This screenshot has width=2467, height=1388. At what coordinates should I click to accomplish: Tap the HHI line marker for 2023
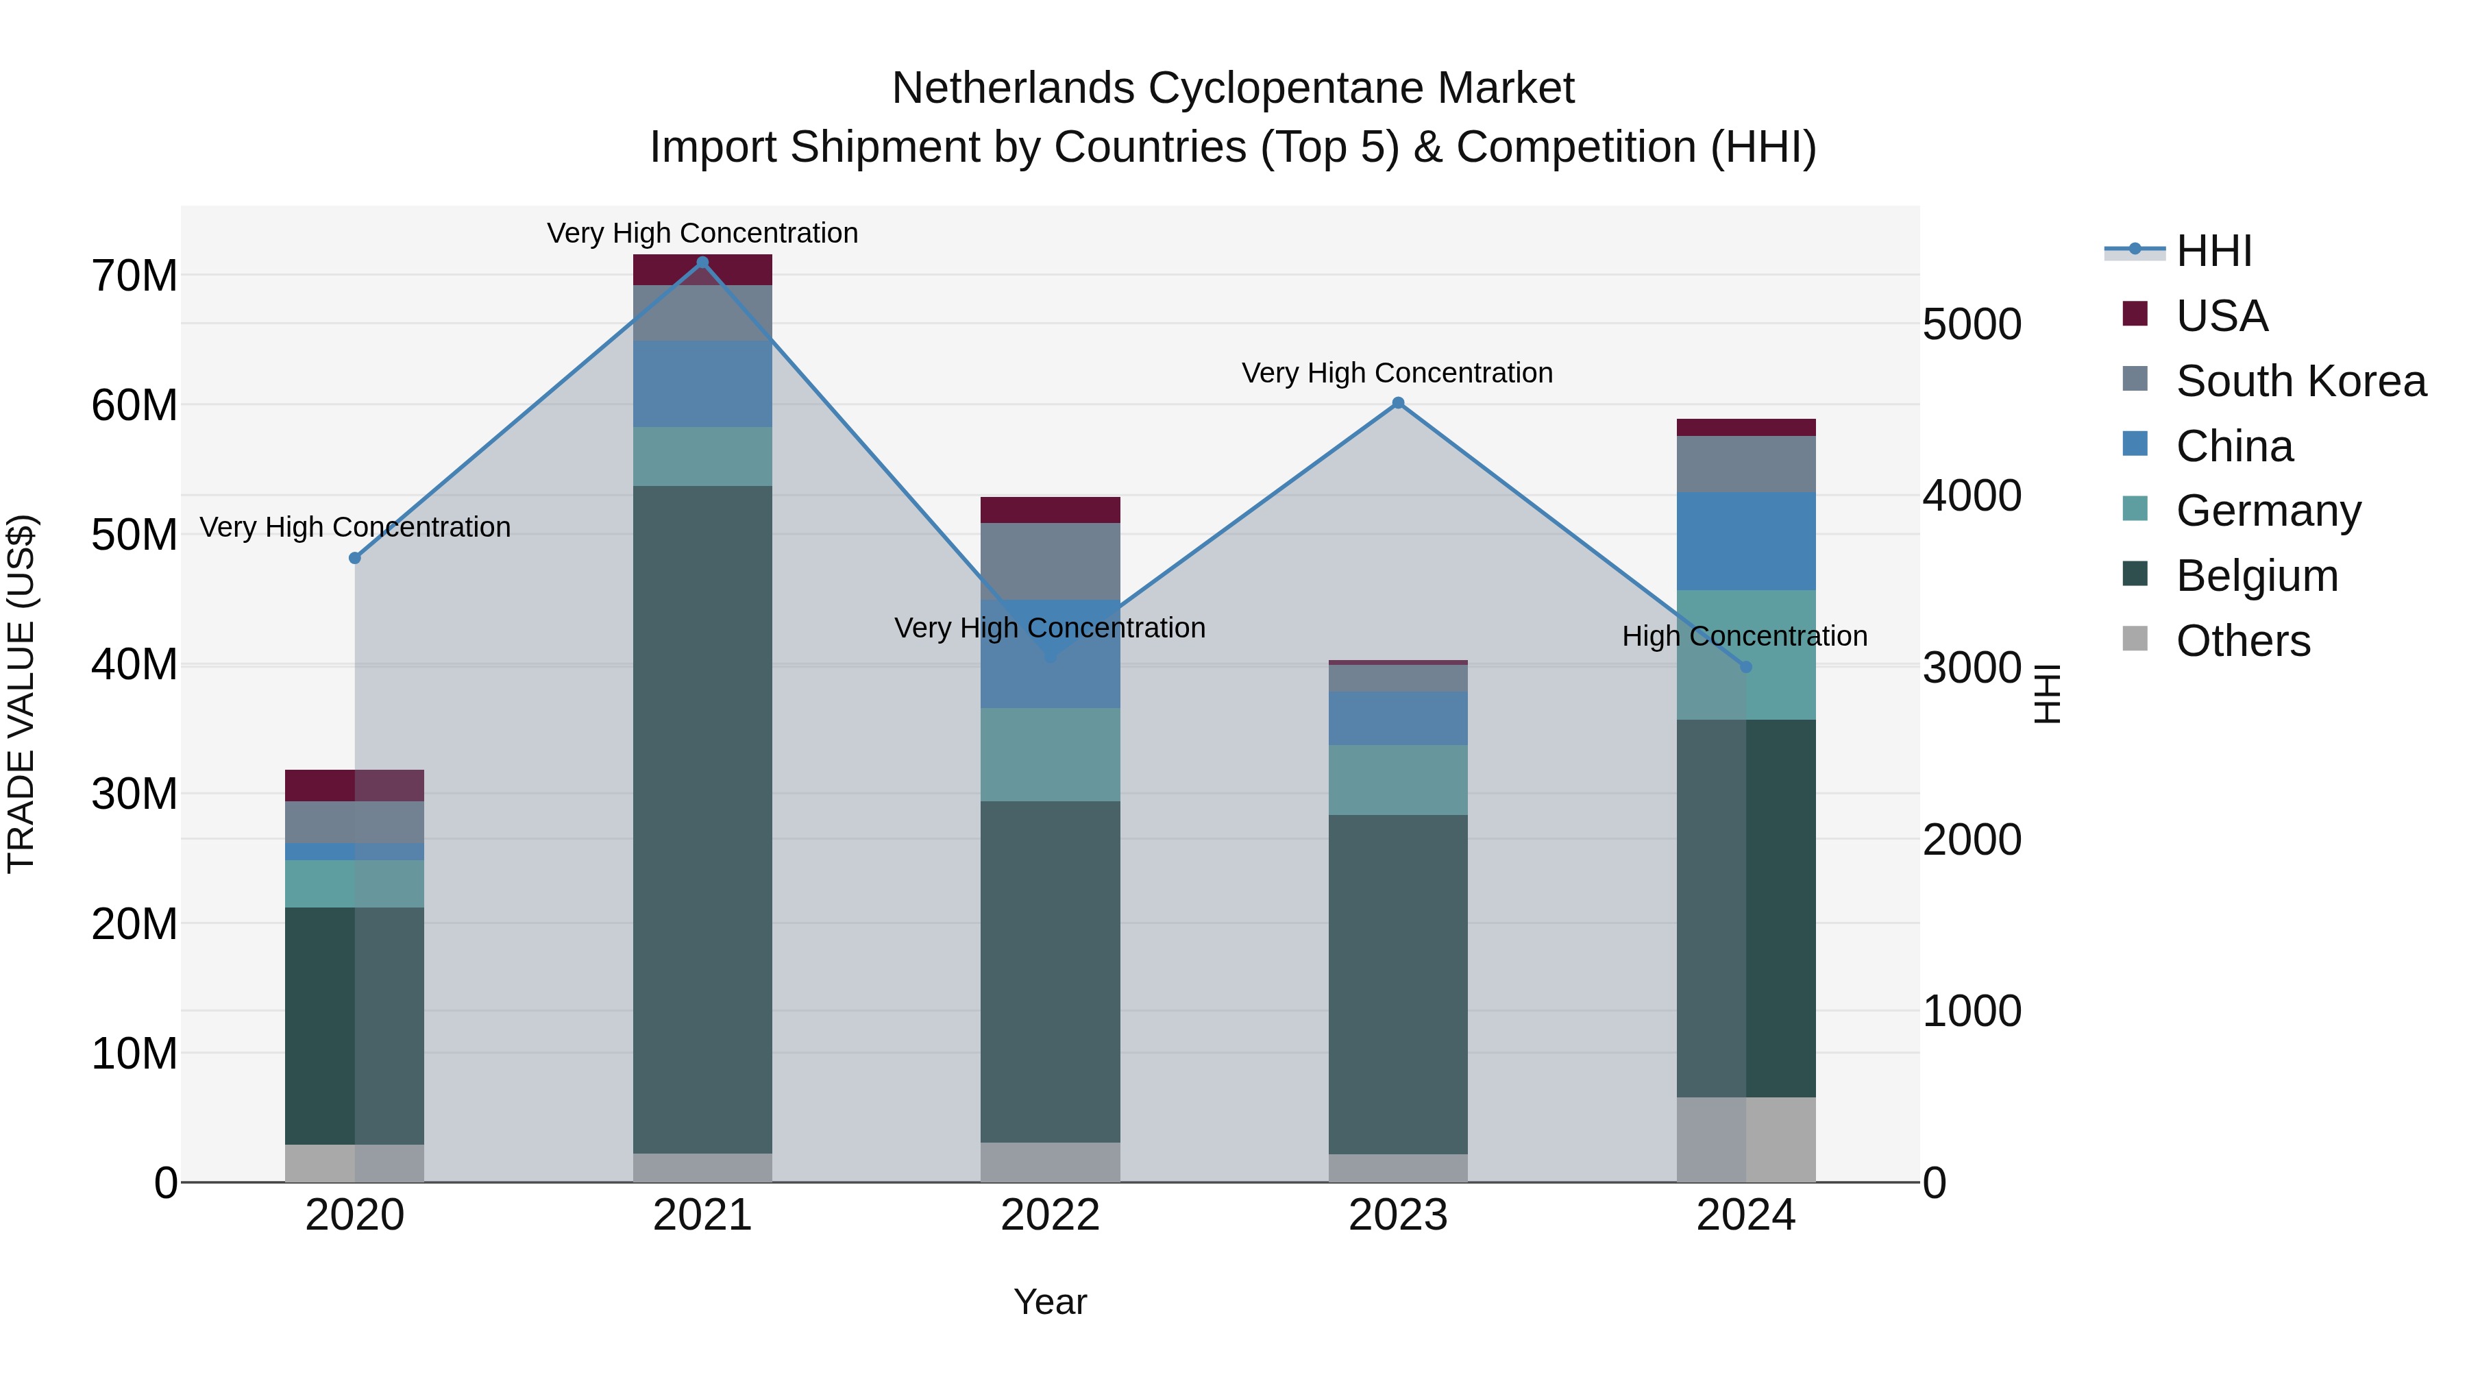click(1397, 403)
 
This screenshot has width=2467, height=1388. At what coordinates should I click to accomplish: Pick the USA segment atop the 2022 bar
click(1050, 509)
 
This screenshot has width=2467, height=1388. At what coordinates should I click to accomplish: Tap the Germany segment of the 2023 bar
click(1397, 780)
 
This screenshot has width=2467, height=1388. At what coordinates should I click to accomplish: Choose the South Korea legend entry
click(2300, 381)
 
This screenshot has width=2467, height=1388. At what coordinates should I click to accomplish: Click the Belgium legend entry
click(2257, 576)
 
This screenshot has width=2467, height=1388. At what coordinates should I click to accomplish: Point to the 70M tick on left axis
click(134, 276)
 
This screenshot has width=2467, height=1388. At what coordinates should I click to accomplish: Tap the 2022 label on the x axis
click(1050, 1215)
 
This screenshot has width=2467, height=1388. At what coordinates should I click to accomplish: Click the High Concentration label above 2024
click(1744, 636)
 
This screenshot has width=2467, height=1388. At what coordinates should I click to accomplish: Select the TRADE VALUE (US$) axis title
click(21, 694)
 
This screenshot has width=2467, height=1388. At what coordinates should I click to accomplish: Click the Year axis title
click(1050, 1302)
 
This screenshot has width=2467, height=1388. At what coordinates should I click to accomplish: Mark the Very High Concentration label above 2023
click(1397, 373)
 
